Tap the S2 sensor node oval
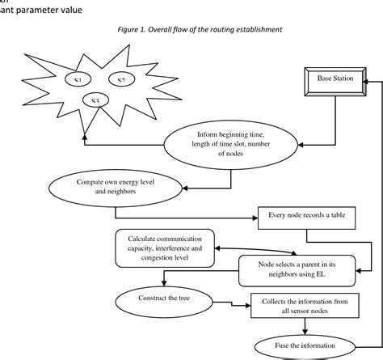[121, 80]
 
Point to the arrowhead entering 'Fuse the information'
[305, 332]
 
